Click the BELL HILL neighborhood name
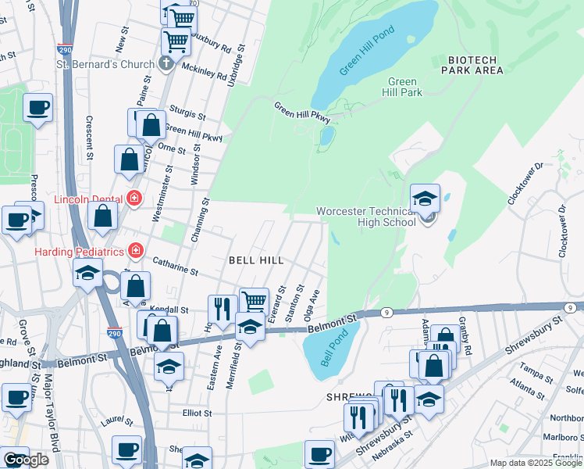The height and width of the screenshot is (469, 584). [255, 259]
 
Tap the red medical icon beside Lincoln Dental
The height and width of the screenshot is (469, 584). [134, 199]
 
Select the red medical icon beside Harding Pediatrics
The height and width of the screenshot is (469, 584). [136, 251]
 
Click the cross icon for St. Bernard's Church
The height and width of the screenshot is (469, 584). [166, 63]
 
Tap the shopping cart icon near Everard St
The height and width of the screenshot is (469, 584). [253, 300]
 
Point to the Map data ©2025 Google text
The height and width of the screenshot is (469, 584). [536, 463]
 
